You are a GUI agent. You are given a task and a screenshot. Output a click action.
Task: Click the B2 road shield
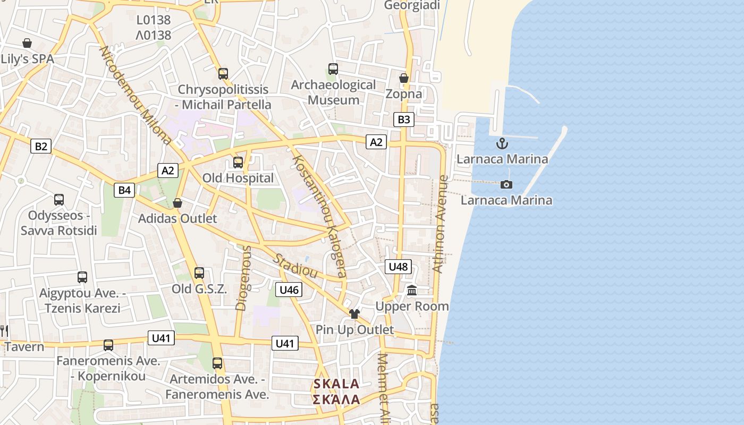point(41,146)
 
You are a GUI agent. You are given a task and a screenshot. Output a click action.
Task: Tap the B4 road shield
point(124,190)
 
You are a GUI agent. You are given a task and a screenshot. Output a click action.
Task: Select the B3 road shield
point(404,120)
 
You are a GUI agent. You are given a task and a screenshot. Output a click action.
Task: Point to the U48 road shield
point(398,267)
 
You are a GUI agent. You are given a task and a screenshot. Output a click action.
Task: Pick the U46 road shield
point(289,290)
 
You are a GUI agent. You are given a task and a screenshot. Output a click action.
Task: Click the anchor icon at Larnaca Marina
point(502,143)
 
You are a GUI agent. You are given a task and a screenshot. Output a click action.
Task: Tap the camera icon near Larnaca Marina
point(506,184)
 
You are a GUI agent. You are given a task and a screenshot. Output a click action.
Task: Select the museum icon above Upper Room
point(412,291)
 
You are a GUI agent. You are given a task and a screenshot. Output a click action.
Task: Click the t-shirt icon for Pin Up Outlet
point(354,314)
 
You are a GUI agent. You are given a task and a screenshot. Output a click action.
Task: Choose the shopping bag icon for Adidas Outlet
point(177,203)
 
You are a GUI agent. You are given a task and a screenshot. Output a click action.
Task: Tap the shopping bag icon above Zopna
point(404,79)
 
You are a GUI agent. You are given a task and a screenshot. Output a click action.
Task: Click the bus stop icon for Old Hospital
point(238,163)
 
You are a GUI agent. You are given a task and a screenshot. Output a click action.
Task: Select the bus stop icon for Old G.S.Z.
point(199,273)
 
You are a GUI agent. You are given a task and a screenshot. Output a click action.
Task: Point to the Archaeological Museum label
point(333,92)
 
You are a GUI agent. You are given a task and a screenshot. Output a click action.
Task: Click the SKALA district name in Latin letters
point(336,384)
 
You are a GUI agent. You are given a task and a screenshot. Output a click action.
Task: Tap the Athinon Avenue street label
point(441,224)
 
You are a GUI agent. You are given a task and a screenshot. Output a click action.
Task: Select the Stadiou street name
point(295,266)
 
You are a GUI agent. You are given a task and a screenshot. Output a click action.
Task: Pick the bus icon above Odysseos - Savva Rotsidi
point(59,200)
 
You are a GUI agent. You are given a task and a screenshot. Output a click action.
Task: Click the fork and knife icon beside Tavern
point(4,331)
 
